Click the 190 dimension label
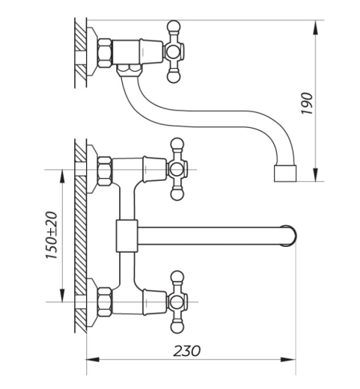[307, 103]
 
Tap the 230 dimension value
[187, 351]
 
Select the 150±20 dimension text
[52, 235]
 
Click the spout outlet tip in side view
[285, 173]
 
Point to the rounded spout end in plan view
[290, 236]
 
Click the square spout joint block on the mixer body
[126, 236]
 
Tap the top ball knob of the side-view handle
[174, 26]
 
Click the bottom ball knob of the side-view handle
[174, 77]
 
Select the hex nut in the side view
[104, 53]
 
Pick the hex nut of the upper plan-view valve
[104, 171]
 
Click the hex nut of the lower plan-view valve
[104, 302]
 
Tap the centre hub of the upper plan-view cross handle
[177, 170]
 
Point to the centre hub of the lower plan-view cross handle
[177, 302]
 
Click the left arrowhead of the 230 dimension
[93, 360]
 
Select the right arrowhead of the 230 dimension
[289, 360]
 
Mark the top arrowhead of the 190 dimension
[316, 27]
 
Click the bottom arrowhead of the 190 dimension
[316, 174]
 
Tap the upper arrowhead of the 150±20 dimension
[62, 177]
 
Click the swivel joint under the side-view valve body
[129, 70]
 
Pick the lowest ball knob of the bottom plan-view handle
[177, 328]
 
